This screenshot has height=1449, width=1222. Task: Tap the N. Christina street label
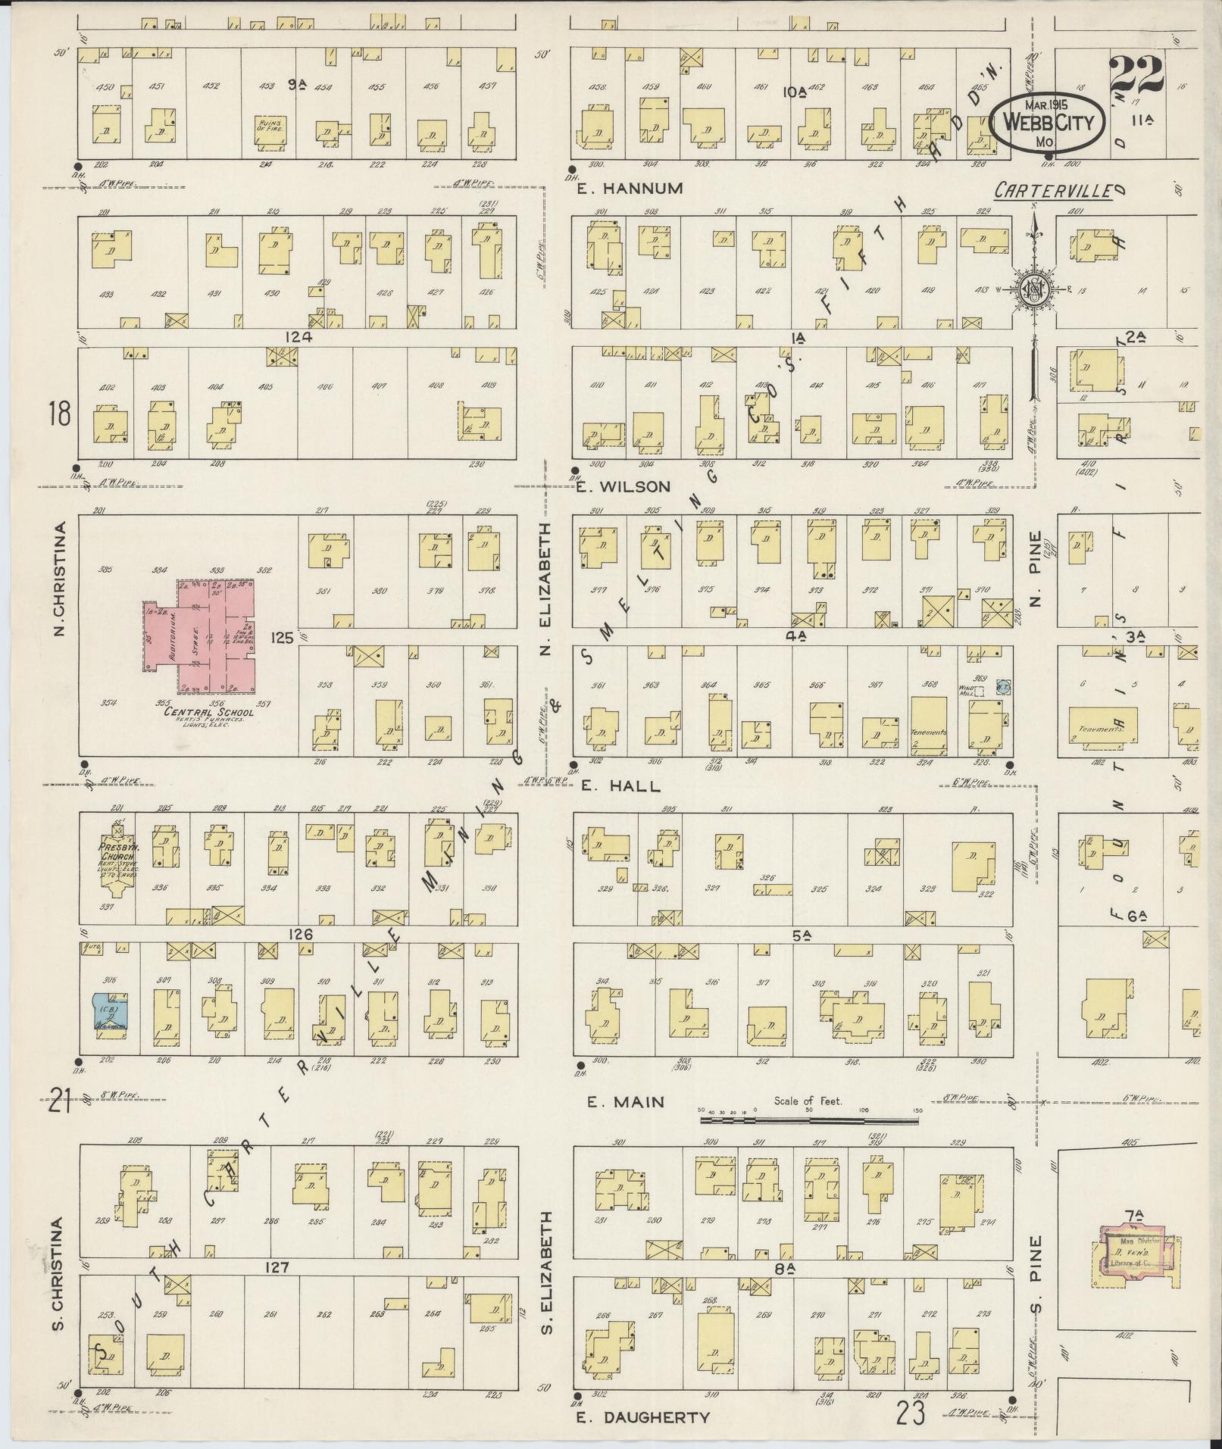pos(63,578)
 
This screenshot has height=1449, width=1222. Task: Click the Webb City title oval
pos(1045,121)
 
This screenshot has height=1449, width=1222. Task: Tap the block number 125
pos(282,639)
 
